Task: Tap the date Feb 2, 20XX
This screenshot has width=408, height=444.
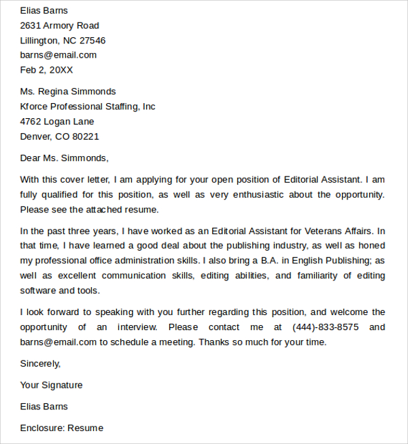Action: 46,70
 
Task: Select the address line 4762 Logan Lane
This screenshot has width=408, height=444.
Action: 57,122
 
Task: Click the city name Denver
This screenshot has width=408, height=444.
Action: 37,136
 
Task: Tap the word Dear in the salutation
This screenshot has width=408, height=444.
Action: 31,158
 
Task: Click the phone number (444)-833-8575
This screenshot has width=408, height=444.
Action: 326,327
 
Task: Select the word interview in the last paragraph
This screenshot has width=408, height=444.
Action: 135,327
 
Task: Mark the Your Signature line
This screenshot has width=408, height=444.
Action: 51,386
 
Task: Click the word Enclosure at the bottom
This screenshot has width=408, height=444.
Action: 41,428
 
